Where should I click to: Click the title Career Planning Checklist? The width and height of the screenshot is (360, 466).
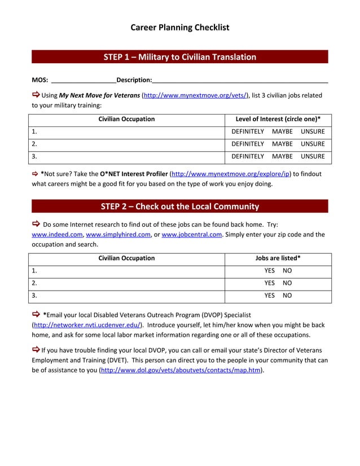tap(180, 27)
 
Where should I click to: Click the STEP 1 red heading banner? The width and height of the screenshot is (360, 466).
tap(180, 57)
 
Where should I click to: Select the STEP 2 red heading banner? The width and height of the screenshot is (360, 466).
tap(180, 206)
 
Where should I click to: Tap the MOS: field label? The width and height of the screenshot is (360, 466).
tap(39, 80)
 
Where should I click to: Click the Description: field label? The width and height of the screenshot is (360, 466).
tap(134, 80)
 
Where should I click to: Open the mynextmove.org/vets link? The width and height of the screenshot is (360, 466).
tap(195, 95)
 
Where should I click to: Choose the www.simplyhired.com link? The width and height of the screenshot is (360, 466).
tap(118, 234)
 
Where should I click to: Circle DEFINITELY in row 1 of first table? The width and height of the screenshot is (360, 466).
tap(248, 131)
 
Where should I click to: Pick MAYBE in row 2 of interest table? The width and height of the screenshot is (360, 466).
tap(282, 144)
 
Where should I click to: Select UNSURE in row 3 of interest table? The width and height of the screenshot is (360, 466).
tap(313, 156)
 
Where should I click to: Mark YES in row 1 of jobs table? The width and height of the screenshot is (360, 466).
tap(270, 270)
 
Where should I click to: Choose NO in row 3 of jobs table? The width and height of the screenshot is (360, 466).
tap(287, 295)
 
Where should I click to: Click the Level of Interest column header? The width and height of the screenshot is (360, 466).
tap(278, 119)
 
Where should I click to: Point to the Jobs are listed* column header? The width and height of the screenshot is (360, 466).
tap(278, 258)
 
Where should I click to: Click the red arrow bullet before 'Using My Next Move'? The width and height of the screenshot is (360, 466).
tap(36, 95)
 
